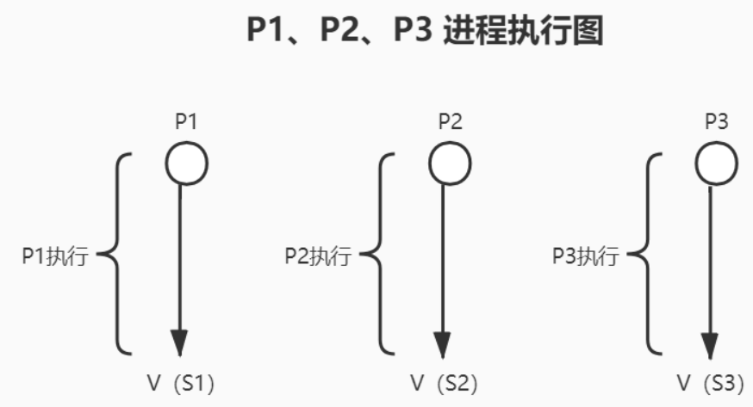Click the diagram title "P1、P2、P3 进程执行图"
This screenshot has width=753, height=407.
(424, 32)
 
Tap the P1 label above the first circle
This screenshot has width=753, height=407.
(186, 122)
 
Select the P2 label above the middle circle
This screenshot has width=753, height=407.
(450, 122)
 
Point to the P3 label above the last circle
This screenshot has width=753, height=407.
(716, 122)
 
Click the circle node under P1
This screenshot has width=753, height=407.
(186, 163)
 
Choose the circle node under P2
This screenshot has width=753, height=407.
(450, 163)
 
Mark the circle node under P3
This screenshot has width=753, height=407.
(716, 163)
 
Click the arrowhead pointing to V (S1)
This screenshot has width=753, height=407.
(179, 342)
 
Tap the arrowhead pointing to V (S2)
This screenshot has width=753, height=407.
(443, 342)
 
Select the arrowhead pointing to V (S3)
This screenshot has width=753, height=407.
(709, 342)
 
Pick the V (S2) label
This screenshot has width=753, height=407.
(443, 382)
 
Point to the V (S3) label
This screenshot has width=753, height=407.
(709, 382)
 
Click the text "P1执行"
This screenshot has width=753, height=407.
(55, 256)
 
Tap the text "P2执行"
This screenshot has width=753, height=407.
(318, 256)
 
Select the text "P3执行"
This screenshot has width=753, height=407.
(585, 256)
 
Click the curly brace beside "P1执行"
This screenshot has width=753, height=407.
(117, 255)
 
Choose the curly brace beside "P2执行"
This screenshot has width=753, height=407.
(380, 255)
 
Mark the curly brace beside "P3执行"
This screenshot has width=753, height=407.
(647, 255)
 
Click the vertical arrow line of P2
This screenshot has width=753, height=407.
(443, 258)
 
